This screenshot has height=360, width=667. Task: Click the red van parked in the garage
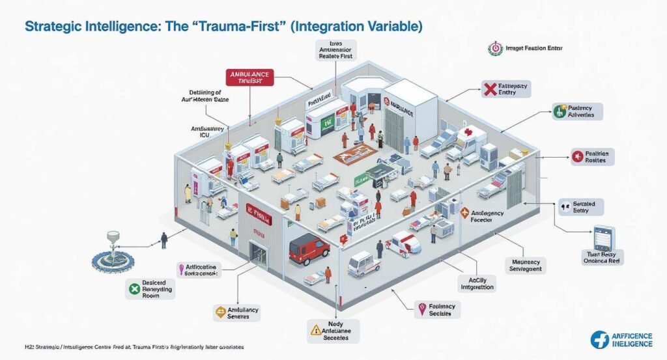308,249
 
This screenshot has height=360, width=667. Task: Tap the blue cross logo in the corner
600,339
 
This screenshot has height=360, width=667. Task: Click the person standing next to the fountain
163,240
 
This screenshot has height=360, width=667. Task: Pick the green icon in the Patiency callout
558,111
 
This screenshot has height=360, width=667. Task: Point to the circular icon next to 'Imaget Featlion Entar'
495,48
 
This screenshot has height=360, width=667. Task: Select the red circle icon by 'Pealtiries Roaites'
576,156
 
